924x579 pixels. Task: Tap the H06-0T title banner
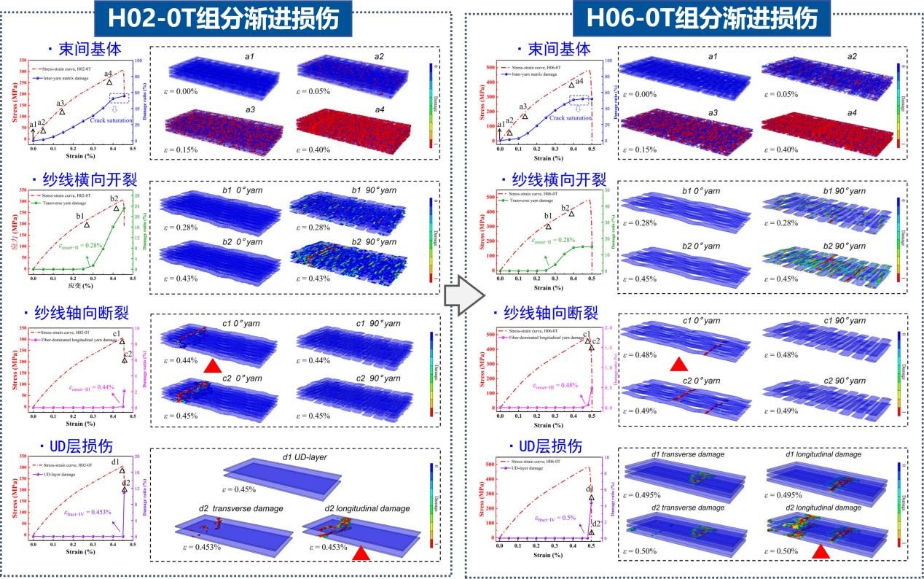pos(694,18)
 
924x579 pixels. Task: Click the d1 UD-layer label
pos(304,457)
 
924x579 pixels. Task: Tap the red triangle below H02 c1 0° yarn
pos(212,365)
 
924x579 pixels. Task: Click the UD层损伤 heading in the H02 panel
pos(80,446)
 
